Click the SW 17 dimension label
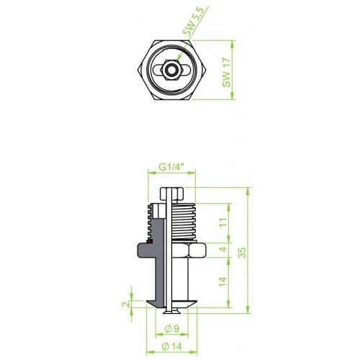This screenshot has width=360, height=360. tap(226, 72)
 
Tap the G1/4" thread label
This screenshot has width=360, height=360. tap(171, 167)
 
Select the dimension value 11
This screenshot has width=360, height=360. tap(223, 222)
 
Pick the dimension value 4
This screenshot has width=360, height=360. tap(223, 249)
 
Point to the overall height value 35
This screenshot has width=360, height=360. tap(243, 253)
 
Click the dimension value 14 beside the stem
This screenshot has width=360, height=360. tap(222, 282)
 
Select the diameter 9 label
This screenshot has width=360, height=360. tap(172, 328)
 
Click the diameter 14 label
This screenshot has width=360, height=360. tap(172, 346)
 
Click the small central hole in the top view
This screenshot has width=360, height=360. tap(171, 70)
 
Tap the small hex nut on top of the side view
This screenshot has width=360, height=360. tap(172, 194)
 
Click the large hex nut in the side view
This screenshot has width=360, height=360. tap(189, 250)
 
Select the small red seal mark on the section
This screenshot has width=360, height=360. tap(149, 241)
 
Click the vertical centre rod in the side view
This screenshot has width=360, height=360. tap(169, 250)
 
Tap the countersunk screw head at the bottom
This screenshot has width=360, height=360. tap(171, 312)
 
